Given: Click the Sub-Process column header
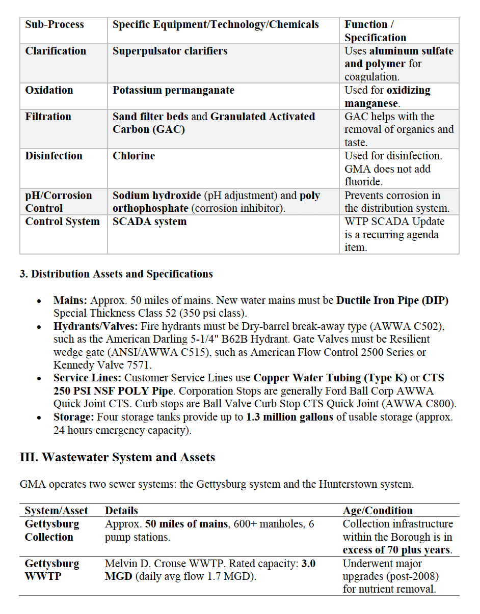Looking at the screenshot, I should click(55, 24).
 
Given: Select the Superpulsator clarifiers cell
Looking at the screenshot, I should click(170, 51).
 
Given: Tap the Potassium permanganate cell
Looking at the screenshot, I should click(173, 90).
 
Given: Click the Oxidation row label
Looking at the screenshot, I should click(49, 90).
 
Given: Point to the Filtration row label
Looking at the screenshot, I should click(49, 117).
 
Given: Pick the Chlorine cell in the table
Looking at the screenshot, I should click(134, 156).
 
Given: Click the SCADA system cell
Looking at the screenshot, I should click(149, 221).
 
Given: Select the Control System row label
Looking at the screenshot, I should click(62, 221).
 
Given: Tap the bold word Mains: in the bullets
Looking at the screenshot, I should click(70, 300).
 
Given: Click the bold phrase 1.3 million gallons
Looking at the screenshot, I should click(289, 417).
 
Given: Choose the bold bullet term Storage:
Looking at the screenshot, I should click(74, 417).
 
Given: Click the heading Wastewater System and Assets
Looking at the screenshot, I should click(117, 457).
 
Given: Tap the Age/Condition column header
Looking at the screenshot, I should click(378, 511).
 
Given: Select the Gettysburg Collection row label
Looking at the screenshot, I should click(52, 531).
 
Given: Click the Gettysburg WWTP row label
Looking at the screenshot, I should click(52, 570).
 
